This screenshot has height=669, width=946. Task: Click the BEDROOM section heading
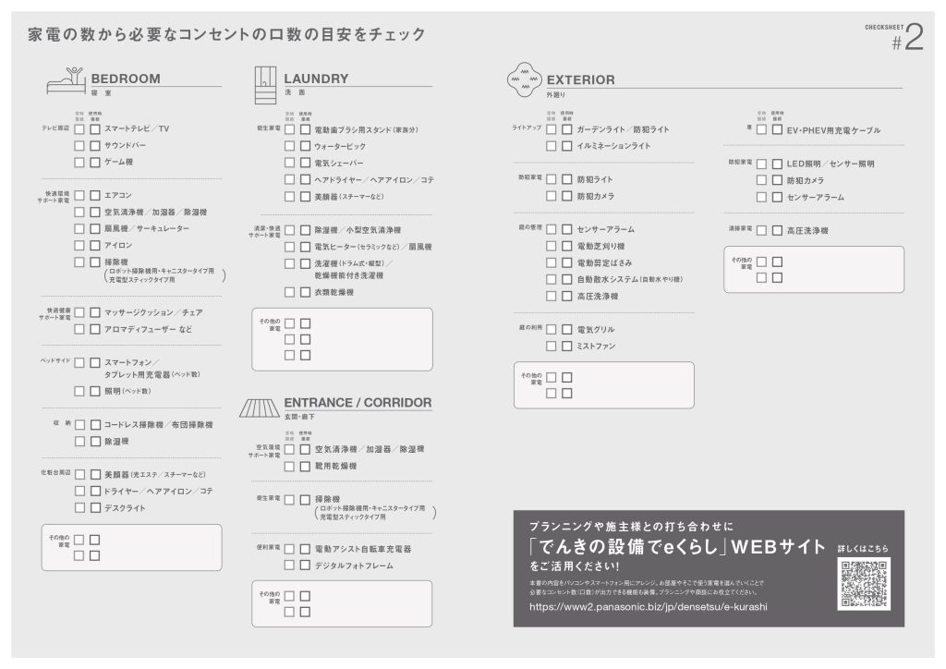[x=126, y=79]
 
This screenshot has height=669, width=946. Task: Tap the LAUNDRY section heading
[x=316, y=79]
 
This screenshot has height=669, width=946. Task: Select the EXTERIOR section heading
[x=580, y=79]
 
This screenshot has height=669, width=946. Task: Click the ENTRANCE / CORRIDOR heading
[x=358, y=403]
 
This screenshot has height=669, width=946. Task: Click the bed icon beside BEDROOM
[x=66, y=81]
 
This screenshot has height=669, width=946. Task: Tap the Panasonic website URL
[x=649, y=607]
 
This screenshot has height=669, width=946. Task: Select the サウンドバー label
[x=125, y=145]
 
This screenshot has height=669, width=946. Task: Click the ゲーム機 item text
[x=118, y=162]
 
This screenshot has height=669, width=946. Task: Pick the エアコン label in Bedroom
[x=118, y=195]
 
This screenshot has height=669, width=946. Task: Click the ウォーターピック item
[x=340, y=146]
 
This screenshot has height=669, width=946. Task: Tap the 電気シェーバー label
[x=339, y=163]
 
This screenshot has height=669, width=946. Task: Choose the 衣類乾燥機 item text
[x=334, y=292]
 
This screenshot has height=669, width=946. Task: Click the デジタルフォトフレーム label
[x=354, y=566]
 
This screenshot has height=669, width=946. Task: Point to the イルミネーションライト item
[x=613, y=146]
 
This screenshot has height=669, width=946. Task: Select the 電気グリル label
[x=596, y=329]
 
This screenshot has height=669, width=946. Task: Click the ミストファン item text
[x=596, y=346]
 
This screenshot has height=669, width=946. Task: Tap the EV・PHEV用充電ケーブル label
[x=833, y=130]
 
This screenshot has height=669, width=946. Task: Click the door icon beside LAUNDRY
[x=265, y=84]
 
